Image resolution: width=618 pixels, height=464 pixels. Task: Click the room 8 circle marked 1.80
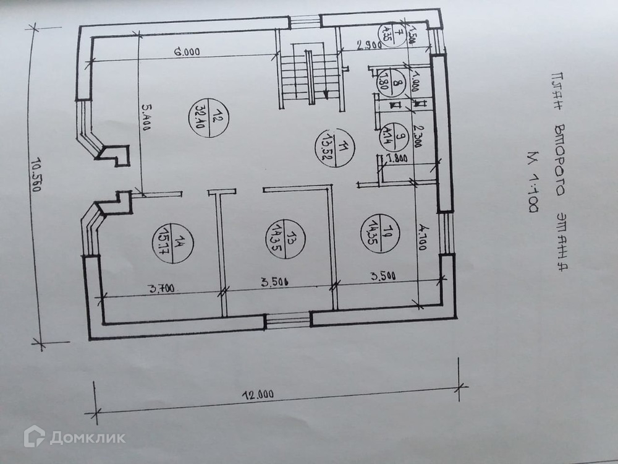pos(391,79)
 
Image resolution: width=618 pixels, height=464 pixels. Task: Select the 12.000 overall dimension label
pos(257,393)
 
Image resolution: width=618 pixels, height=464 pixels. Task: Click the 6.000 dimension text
pos(186,53)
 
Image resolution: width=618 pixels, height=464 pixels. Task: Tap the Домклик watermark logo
pos(74,437)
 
